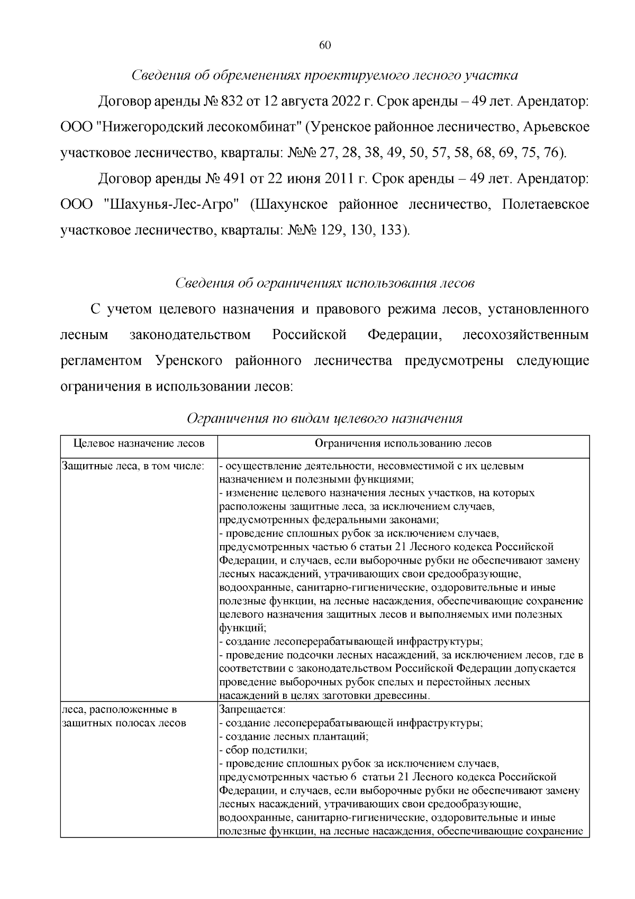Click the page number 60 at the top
coord(325,46)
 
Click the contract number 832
coord(229,102)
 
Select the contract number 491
coord(229,179)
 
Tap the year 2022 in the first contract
coord(343,102)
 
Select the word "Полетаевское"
coord(545,205)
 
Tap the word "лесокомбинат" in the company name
coord(251,128)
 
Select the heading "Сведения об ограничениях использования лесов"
coord(325,283)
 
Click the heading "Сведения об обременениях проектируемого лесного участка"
coord(324,76)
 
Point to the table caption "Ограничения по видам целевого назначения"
coord(325,419)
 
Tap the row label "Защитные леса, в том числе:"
coord(133,466)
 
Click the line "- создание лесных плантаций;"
coord(294,736)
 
